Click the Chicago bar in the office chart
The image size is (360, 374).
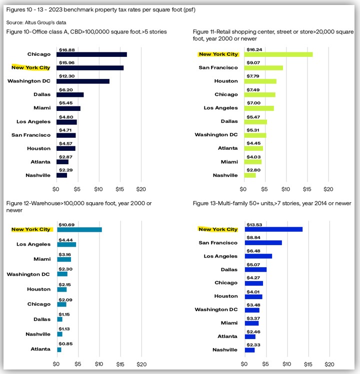click(91, 54)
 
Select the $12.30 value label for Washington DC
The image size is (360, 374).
click(67, 76)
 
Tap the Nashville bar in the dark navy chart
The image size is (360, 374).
click(61, 175)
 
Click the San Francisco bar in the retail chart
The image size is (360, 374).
click(263, 68)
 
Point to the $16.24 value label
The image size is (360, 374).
click(254, 49)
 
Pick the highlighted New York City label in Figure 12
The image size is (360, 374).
click(31, 230)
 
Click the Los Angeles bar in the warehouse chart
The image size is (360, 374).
click(66, 245)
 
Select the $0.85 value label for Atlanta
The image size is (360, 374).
click(65, 344)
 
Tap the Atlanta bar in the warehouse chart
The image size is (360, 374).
click(59, 350)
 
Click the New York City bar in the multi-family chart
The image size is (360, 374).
click(274, 230)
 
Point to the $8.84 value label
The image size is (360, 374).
click(253, 238)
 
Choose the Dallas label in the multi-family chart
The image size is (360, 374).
click(229, 270)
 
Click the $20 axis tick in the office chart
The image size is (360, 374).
click(141, 189)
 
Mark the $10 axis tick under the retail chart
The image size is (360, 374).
click(285, 189)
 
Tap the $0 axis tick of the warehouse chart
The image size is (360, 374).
click(56, 364)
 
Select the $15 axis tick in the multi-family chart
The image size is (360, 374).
click(308, 364)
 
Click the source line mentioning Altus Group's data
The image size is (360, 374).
click(36, 22)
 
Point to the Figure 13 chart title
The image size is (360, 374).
click(272, 203)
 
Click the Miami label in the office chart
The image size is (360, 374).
click(42, 108)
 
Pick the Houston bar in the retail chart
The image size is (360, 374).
click(260, 81)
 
